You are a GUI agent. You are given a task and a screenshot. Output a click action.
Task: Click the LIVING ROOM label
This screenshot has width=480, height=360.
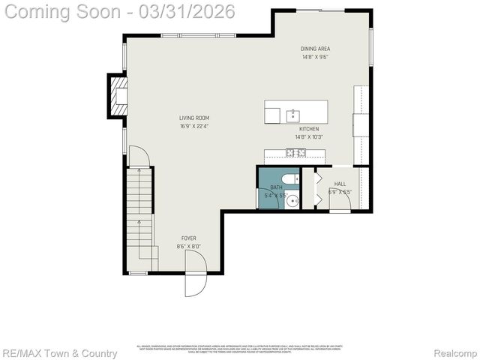click(x=193, y=118)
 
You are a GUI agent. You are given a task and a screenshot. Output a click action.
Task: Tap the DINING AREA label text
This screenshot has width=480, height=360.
click(x=316, y=49)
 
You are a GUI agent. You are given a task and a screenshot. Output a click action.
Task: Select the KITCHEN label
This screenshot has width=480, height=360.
click(x=309, y=129)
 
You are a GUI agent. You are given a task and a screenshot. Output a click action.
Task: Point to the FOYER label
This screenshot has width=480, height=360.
click(x=188, y=238)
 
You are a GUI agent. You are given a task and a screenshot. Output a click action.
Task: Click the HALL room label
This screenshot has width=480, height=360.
click(x=340, y=184)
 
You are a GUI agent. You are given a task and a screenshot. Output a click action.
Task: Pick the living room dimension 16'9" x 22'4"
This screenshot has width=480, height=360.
click(x=193, y=126)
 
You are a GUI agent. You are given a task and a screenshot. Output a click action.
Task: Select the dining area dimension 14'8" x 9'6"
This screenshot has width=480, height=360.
click(x=316, y=57)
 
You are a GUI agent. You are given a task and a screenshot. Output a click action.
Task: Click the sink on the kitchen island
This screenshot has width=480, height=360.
click(x=293, y=115)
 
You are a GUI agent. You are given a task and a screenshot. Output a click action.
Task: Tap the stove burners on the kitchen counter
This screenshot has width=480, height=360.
click(x=295, y=154)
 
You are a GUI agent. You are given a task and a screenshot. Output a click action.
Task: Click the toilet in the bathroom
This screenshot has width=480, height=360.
click(x=289, y=180)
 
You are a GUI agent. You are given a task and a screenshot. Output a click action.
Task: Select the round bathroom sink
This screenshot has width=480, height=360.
click(x=292, y=199)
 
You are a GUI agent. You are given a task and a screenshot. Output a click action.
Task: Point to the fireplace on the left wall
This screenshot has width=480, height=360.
click(x=117, y=95)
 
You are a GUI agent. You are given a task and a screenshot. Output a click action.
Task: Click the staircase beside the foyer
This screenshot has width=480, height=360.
click(x=140, y=217)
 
